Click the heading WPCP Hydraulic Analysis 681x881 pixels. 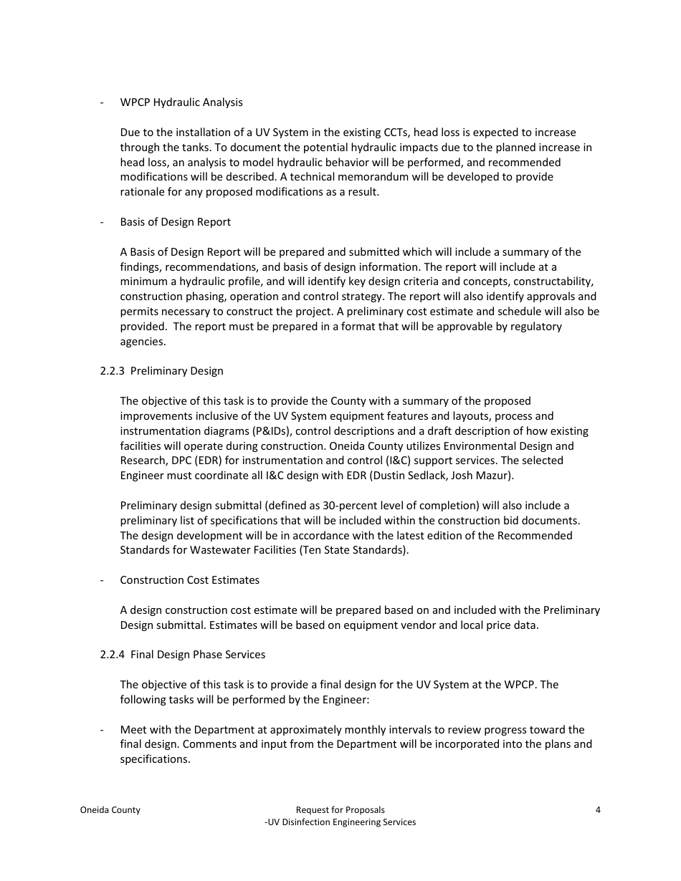coord(181,102)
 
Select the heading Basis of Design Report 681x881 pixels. coord(176,222)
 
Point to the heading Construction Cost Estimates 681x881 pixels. coord(190,580)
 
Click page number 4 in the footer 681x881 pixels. coord(598,810)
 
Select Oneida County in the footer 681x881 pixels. coord(110,810)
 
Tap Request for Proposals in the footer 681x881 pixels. coord(340,810)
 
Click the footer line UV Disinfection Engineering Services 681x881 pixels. coord(340,822)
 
